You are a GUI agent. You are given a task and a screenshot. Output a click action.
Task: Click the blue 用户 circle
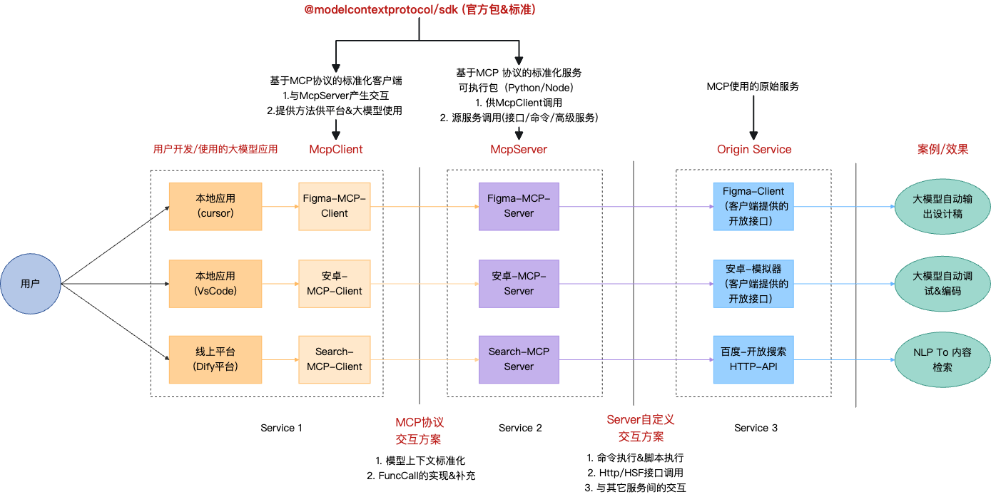(x=31, y=283)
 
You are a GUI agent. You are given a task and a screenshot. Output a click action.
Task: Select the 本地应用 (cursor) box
(x=215, y=207)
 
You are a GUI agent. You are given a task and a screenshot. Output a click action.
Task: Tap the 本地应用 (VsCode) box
(x=215, y=283)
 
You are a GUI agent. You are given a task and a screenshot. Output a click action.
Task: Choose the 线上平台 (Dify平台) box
(x=215, y=359)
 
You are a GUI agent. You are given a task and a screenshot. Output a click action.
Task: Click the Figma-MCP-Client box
(x=335, y=207)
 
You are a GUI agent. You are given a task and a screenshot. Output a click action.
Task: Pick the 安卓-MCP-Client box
(x=335, y=283)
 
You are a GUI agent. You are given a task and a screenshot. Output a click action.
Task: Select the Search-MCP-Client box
(x=335, y=359)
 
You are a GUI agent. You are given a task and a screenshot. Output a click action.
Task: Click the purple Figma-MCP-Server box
(x=519, y=207)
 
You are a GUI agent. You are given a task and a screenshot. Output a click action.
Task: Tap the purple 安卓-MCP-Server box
(x=519, y=283)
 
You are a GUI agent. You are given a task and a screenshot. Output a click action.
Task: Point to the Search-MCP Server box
(x=519, y=359)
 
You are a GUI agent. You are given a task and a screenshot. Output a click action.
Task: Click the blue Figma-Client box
(x=753, y=207)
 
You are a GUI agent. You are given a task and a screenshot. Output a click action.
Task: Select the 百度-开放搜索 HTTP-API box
(x=753, y=359)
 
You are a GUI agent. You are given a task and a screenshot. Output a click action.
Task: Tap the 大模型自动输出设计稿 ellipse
(x=942, y=207)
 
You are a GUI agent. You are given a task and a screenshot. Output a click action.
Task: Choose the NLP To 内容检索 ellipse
(x=942, y=359)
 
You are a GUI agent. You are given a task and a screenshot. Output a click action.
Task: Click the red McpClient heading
(x=336, y=150)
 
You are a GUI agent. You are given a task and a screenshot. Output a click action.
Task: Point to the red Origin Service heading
(x=754, y=150)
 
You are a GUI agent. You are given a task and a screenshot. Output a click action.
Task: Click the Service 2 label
(x=520, y=428)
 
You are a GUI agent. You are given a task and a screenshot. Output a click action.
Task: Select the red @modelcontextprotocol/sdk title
(x=420, y=10)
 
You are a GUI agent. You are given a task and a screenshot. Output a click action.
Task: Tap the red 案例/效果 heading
(x=942, y=150)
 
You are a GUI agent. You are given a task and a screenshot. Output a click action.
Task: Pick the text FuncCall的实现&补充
(x=427, y=476)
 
